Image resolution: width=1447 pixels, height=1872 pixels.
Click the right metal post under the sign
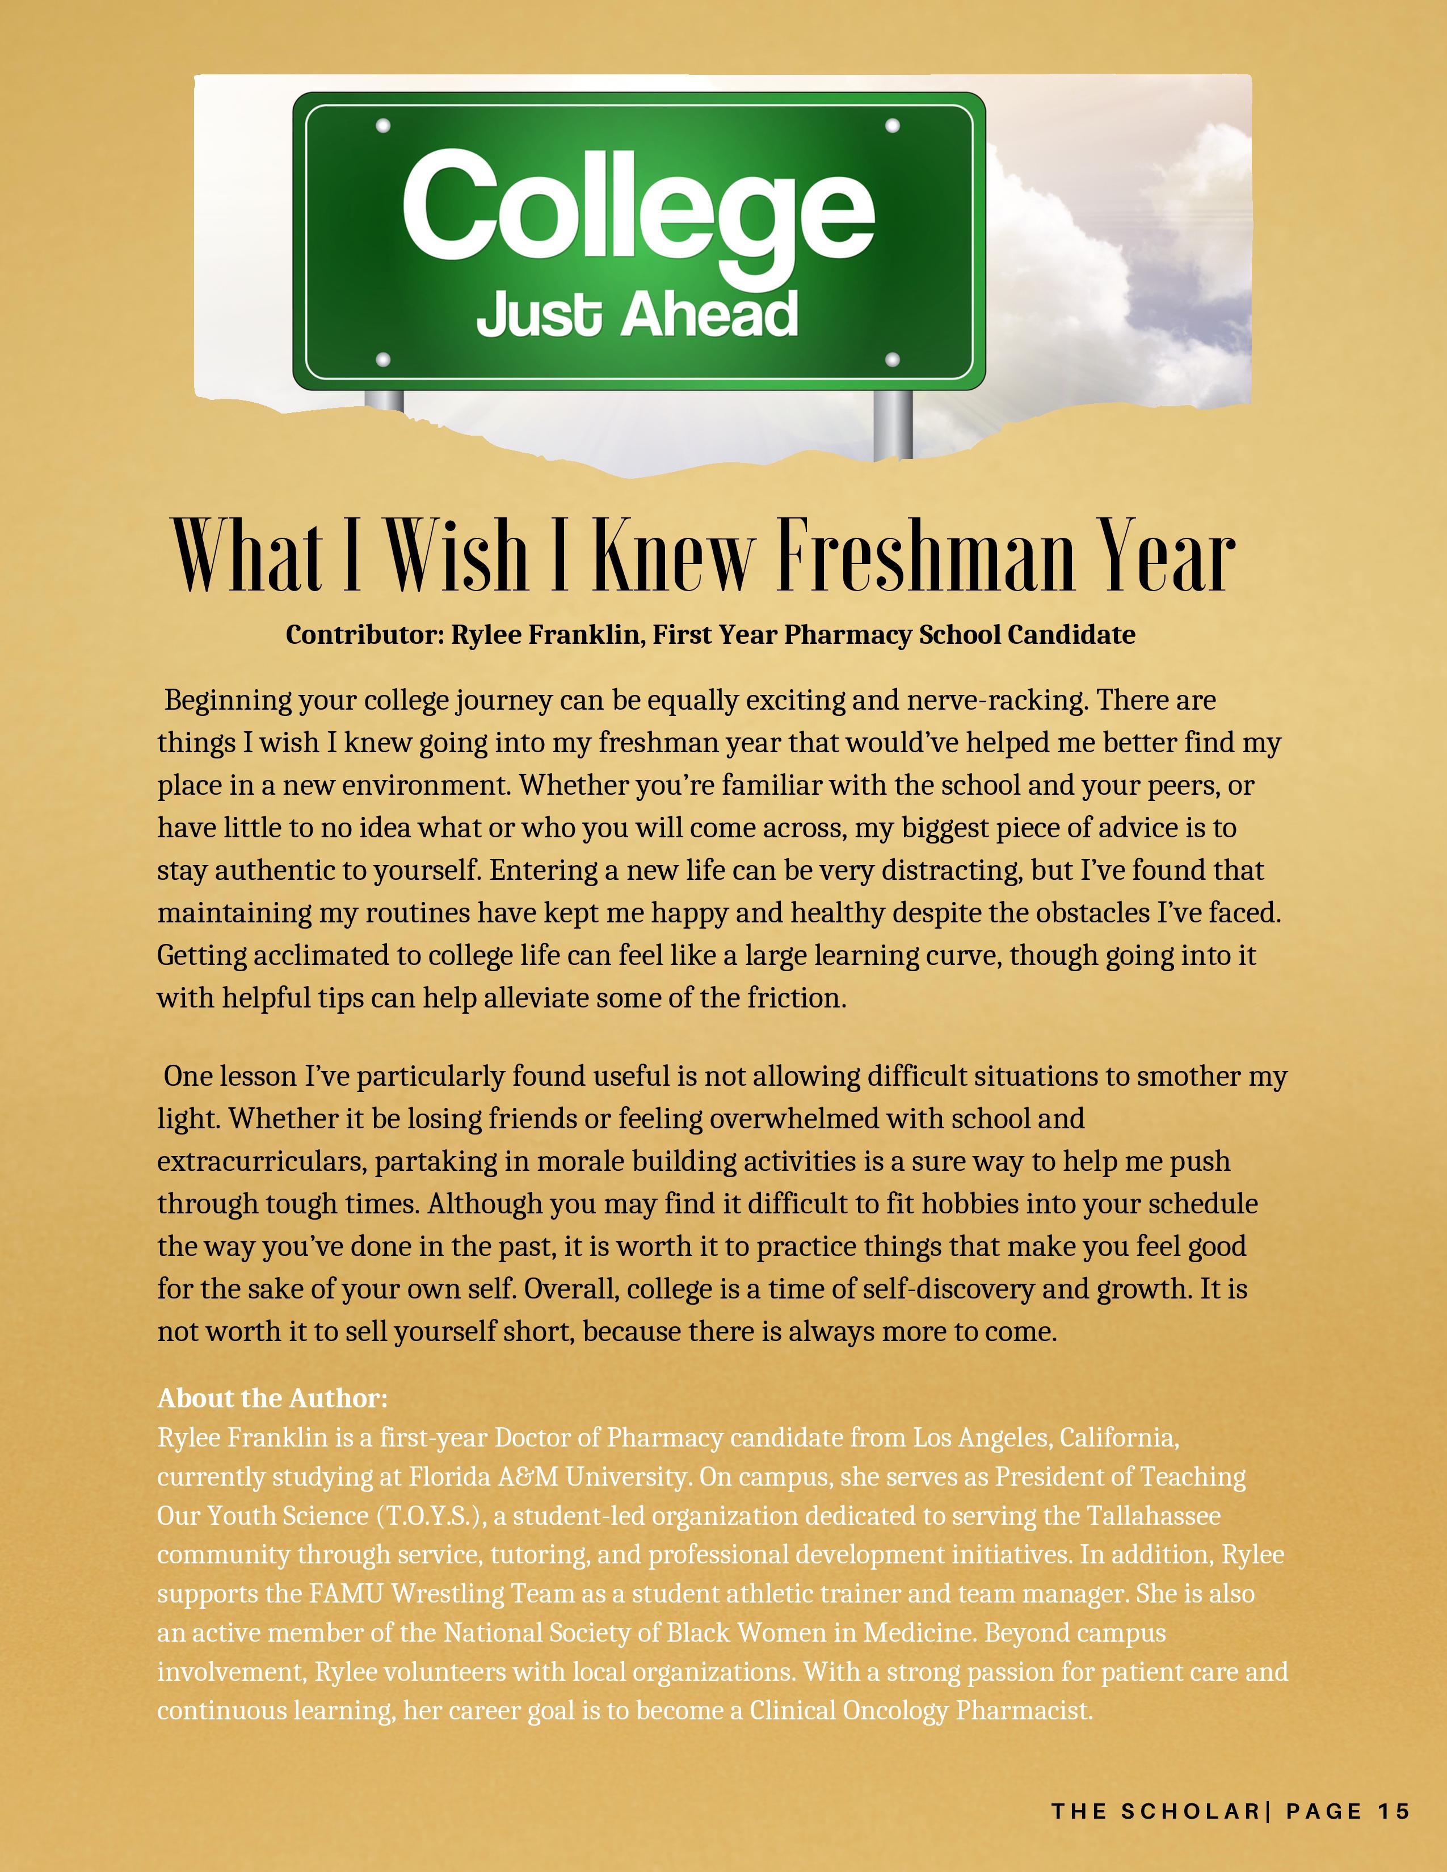[893, 424]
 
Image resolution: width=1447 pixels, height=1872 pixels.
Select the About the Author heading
[272, 1399]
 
